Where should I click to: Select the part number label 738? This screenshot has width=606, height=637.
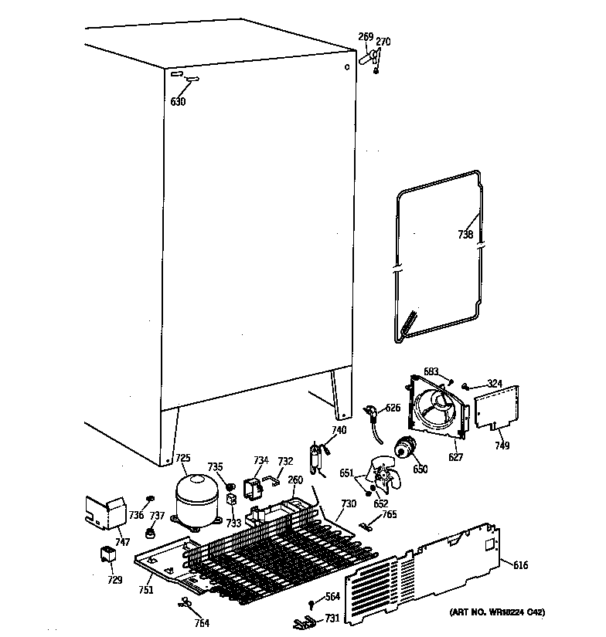[465, 235]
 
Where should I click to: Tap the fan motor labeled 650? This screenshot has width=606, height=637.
[405, 448]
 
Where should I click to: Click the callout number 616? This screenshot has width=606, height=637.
[520, 566]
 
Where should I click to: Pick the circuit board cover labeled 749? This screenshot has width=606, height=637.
[495, 408]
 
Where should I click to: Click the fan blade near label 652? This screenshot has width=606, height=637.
[384, 473]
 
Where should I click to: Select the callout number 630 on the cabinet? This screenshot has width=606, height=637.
[178, 101]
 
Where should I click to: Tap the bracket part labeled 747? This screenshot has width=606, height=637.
[104, 510]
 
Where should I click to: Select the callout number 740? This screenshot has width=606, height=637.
[339, 430]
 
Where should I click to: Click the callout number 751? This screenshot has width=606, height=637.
[145, 590]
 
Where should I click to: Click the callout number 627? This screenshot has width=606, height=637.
[456, 457]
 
